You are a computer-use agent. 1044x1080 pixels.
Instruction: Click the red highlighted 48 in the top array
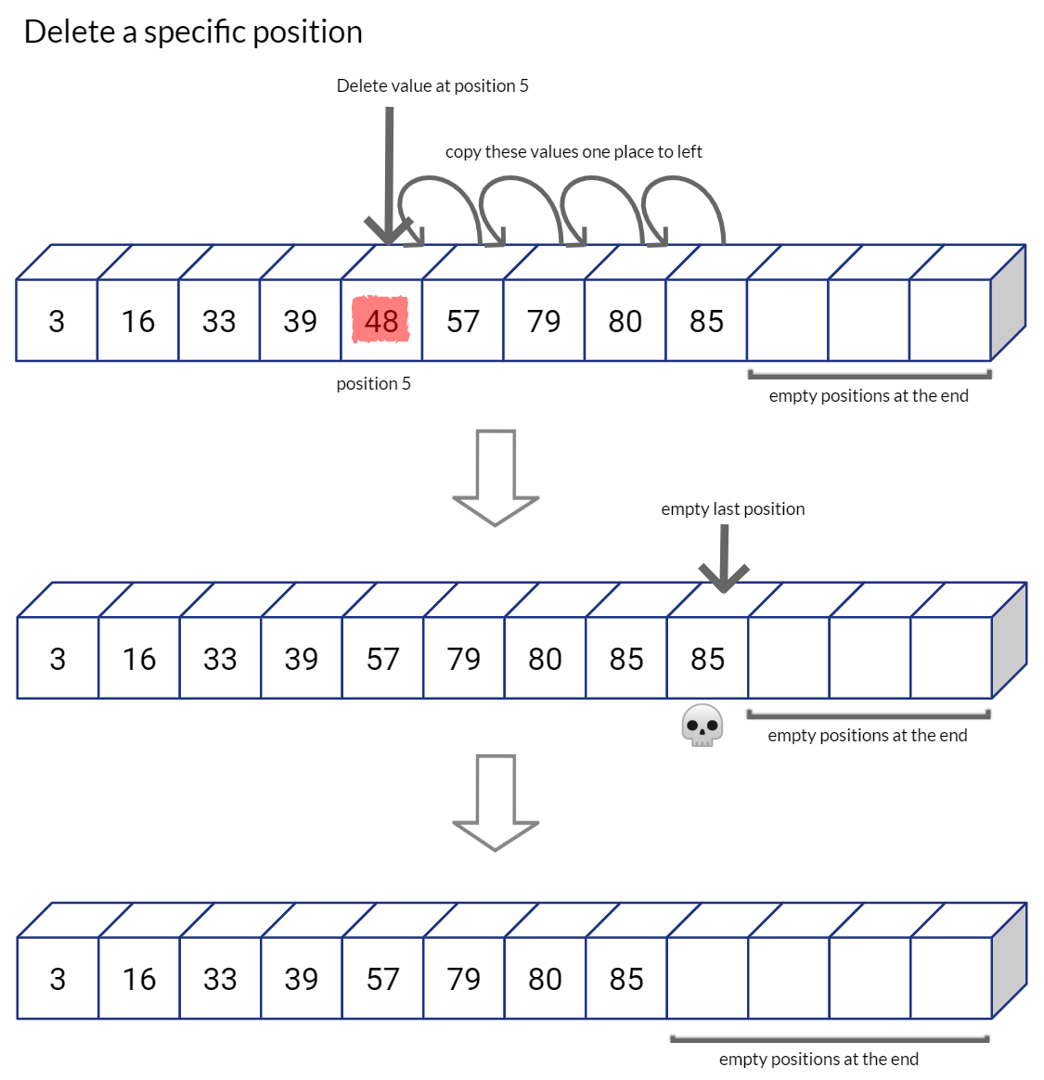(x=380, y=321)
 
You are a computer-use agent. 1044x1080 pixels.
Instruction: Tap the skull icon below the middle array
(x=702, y=726)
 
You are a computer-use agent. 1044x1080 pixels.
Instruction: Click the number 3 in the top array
(x=57, y=321)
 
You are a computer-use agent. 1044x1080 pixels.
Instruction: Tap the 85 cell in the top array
(x=706, y=321)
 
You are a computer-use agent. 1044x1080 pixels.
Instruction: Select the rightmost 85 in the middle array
(x=707, y=659)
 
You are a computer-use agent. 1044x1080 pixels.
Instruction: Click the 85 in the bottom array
(x=626, y=979)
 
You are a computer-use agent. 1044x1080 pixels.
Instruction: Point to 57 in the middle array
(x=382, y=659)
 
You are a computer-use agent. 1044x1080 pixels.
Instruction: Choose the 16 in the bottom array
(x=139, y=979)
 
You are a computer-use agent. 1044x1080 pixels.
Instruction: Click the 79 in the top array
(x=544, y=321)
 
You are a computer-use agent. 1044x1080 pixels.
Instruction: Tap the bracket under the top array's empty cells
(x=870, y=376)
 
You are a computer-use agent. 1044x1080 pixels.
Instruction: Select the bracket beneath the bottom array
(x=830, y=1039)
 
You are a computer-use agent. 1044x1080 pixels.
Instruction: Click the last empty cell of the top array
(x=949, y=321)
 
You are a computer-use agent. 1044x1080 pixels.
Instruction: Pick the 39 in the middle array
(x=301, y=659)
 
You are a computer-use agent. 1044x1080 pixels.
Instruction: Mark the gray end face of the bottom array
(x=1009, y=960)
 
